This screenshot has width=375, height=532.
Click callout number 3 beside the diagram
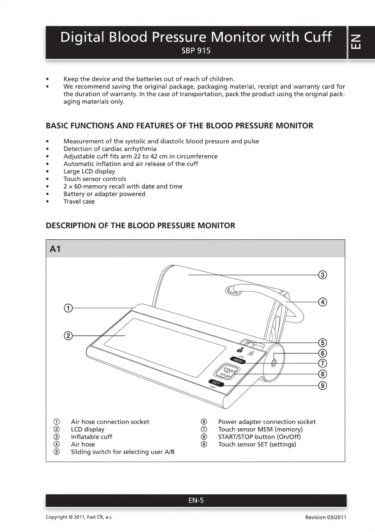pos(322,275)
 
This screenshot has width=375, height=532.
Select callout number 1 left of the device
pos(68,308)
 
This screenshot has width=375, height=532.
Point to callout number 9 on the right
pos(322,385)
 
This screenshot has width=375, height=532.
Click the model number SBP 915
pos(196,51)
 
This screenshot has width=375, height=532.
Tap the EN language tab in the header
pos(362,43)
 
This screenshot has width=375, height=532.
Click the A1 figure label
pos(55,249)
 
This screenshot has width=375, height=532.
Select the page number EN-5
pos(196,501)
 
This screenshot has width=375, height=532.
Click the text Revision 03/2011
pos(325,517)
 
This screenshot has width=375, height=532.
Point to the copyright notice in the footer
pos(79,517)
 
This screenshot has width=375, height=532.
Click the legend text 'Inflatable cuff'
pos(91,437)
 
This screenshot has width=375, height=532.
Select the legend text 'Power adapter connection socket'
pos(267,422)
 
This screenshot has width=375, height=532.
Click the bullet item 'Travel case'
pos(79,201)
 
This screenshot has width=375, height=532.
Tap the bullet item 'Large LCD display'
pos(89,171)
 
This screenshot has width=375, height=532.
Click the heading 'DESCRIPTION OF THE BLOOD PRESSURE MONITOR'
pos(140,226)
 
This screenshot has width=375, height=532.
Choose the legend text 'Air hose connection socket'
pos(110,422)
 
